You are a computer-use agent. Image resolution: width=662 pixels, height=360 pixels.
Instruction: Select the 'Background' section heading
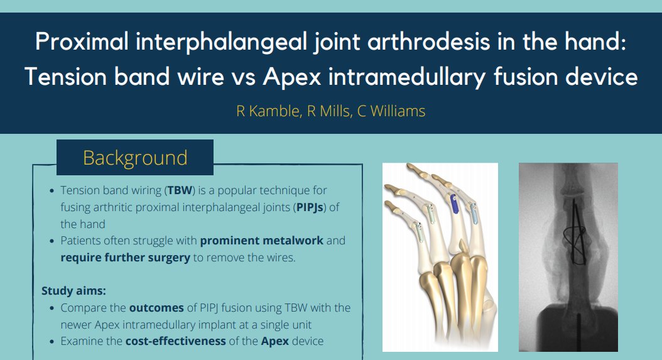(x=135, y=157)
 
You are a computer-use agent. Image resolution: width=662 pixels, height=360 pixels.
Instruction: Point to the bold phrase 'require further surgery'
(x=125, y=258)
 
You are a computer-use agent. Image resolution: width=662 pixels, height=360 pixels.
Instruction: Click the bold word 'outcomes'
(x=158, y=308)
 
